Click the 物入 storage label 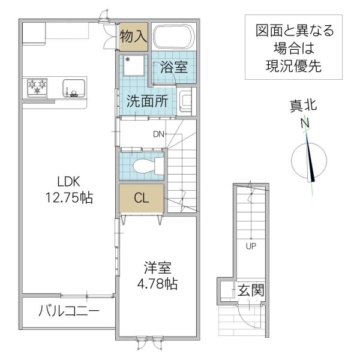click(x=133, y=36)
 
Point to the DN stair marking click(x=158, y=133)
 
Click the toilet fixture click(x=145, y=164)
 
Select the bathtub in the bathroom click(x=173, y=37)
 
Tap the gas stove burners click(x=37, y=88)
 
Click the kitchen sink click(x=73, y=88)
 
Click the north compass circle click(x=309, y=161)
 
